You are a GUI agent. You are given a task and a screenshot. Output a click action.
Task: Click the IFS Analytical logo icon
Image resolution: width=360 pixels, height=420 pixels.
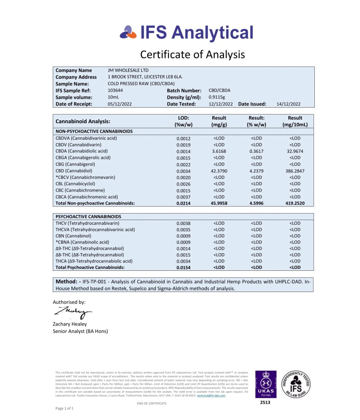(128, 32)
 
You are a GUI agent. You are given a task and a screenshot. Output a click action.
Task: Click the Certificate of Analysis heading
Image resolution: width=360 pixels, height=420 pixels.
(192, 54)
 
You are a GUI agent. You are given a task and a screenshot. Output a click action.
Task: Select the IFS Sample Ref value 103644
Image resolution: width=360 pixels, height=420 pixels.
(116, 90)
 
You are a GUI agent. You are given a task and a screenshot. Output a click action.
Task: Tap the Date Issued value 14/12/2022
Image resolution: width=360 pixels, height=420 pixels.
(288, 104)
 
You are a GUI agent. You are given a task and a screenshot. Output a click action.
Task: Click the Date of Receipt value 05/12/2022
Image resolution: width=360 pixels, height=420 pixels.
(120, 104)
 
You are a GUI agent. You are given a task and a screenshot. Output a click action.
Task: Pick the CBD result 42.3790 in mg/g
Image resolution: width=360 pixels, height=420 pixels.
(219, 171)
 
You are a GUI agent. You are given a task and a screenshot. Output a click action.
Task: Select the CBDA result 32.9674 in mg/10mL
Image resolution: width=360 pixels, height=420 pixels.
(295, 151)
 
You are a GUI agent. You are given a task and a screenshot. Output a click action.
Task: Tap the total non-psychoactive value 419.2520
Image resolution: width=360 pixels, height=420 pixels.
(295, 203)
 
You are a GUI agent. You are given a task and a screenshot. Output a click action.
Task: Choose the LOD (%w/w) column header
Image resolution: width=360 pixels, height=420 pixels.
(184, 121)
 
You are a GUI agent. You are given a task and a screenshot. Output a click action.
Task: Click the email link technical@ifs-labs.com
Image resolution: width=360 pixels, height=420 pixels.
(211, 396)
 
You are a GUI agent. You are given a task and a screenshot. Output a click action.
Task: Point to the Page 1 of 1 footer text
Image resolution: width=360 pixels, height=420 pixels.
(64, 408)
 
